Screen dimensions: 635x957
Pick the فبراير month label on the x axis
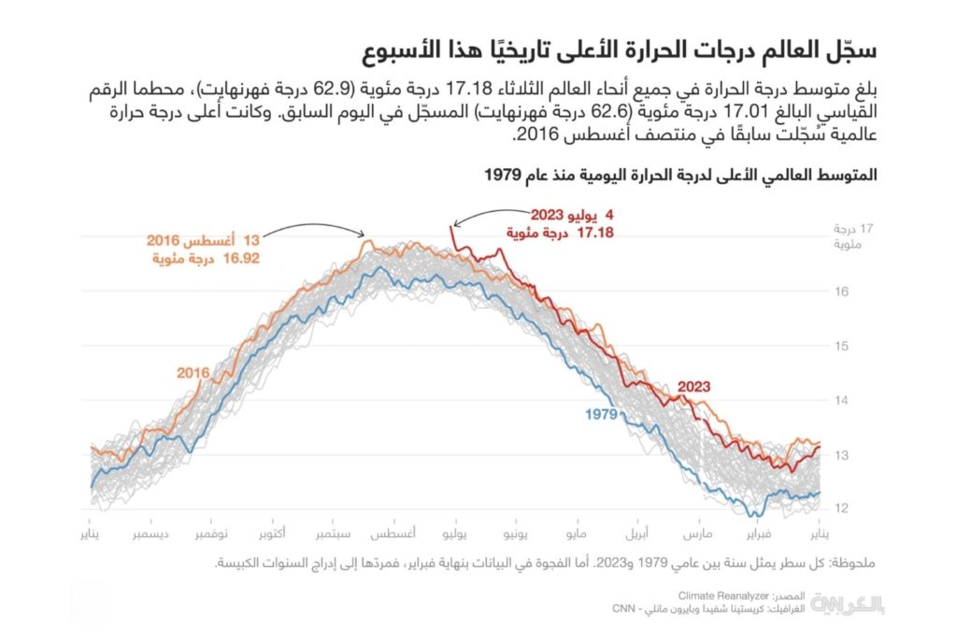759,534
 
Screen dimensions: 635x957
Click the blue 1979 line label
602,414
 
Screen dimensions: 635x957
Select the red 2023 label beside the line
693,386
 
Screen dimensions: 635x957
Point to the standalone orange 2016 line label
193,373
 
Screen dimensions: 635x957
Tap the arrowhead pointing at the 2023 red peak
453,225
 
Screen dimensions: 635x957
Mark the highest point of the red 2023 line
452,228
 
